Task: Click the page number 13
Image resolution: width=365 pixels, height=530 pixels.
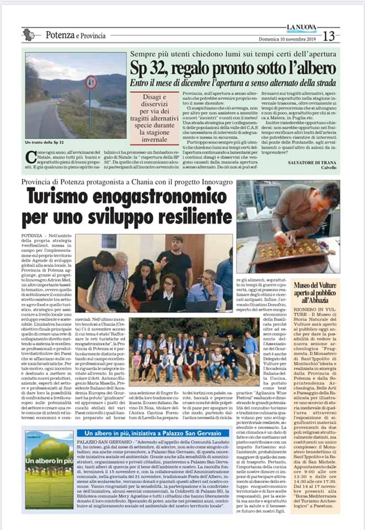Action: pyautogui.click(x=329, y=36)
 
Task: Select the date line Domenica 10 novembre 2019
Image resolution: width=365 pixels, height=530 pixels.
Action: pyautogui.click(x=288, y=39)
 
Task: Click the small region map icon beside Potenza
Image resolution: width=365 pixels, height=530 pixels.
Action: pyautogui.click(x=29, y=35)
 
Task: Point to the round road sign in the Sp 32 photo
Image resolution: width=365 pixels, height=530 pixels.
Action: pyautogui.click(x=91, y=83)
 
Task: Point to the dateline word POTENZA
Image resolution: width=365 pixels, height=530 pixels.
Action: pyautogui.click(x=35, y=236)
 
